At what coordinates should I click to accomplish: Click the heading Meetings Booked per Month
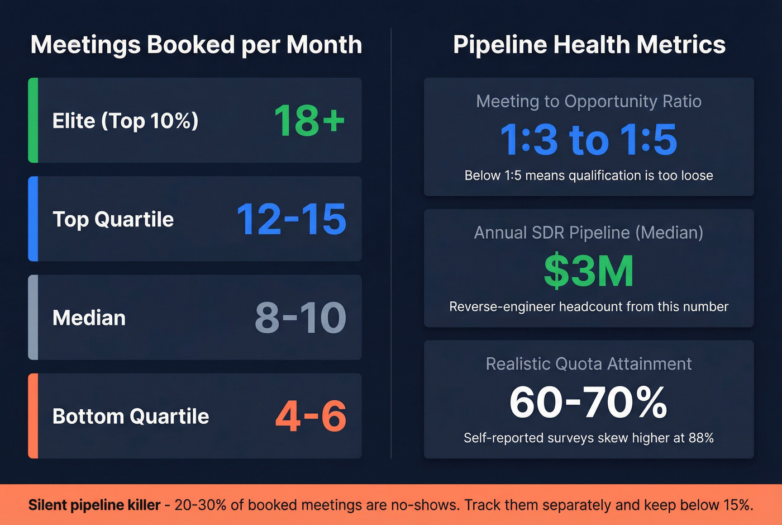click(x=196, y=45)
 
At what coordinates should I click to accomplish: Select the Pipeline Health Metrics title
click(x=589, y=45)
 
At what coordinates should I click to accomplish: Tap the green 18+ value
click(x=309, y=120)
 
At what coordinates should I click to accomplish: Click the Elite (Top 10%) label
click(x=125, y=121)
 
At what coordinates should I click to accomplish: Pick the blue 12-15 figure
click(x=291, y=219)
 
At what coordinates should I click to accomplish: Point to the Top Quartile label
click(x=113, y=219)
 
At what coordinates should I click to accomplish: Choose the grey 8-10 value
click(x=300, y=318)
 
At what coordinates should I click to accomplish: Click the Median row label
click(x=89, y=318)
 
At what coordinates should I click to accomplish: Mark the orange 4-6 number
click(x=311, y=416)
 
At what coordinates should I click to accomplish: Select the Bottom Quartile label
click(x=131, y=416)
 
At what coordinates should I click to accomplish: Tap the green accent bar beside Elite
click(x=33, y=120)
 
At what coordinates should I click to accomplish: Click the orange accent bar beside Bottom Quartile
click(x=33, y=416)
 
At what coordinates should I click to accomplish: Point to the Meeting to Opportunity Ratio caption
click(x=589, y=101)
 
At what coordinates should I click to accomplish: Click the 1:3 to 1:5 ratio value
click(x=589, y=139)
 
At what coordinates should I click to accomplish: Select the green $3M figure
click(x=589, y=271)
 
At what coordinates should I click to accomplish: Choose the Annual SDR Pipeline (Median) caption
click(x=589, y=233)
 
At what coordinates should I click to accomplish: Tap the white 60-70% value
click(x=589, y=402)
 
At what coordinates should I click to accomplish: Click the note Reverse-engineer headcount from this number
click(x=589, y=306)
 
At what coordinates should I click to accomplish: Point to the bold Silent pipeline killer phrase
click(x=94, y=505)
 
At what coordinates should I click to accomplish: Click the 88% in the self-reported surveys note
click(x=701, y=438)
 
